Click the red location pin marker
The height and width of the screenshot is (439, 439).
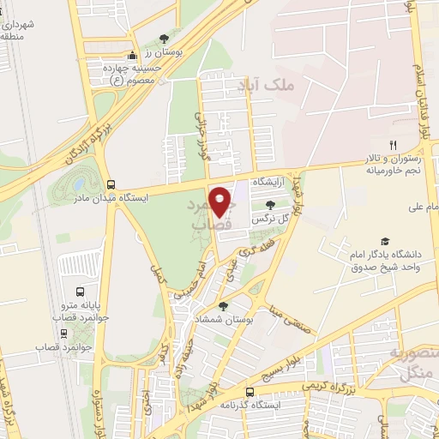[222, 201]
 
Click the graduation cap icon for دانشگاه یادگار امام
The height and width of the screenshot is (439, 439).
[384, 243]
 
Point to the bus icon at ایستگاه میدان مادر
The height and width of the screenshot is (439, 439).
[111, 183]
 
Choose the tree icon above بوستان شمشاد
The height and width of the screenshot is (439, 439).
[223, 305]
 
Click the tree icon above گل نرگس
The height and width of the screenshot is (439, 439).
[271, 205]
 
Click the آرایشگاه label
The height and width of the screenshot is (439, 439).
[267, 183]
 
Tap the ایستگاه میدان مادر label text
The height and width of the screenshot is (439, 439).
[159, 196]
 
